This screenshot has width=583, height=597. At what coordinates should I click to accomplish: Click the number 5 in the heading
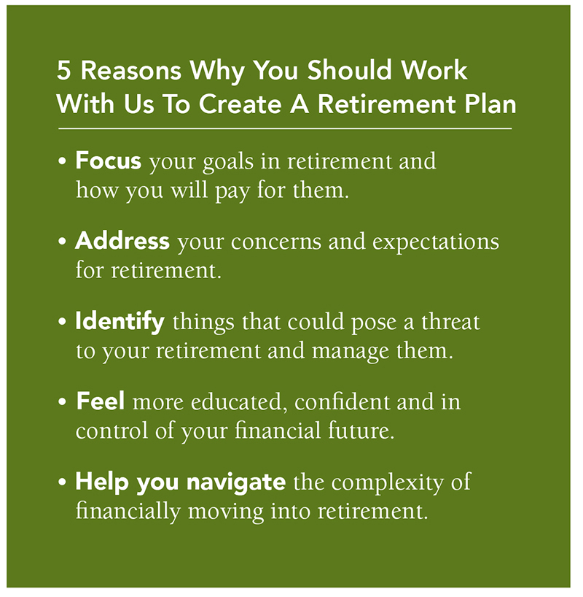[x=64, y=71]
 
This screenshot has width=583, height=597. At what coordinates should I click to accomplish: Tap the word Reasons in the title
[x=131, y=71]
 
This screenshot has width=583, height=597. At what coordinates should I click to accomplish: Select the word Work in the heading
[x=434, y=70]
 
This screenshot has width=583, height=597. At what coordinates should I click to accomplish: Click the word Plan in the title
[x=490, y=104]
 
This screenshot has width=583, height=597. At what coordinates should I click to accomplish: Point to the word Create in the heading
[x=240, y=104]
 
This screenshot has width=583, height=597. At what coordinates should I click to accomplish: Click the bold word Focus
[x=109, y=161]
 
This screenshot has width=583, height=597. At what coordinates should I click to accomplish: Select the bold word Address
[x=122, y=241]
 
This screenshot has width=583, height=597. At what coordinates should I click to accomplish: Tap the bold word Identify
[x=120, y=322]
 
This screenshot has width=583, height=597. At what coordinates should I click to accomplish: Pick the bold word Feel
[x=101, y=401]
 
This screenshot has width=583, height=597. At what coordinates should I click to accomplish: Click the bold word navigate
[x=236, y=482]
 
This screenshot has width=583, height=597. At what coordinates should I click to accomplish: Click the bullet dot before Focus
[x=63, y=161]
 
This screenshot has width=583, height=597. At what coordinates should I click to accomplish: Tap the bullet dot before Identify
[x=63, y=322]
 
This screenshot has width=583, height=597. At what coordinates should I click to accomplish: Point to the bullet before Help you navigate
[x=63, y=482]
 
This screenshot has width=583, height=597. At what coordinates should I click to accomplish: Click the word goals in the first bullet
[x=228, y=162]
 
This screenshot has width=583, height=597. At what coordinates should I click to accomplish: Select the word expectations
[x=436, y=242]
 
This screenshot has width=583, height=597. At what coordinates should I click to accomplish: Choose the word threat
[x=450, y=322]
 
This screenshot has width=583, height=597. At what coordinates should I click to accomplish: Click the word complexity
[x=388, y=482]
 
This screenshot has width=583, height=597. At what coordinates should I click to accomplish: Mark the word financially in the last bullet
[x=128, y=511]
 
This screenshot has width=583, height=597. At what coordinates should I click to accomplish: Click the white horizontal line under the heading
[x=285, y=128]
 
